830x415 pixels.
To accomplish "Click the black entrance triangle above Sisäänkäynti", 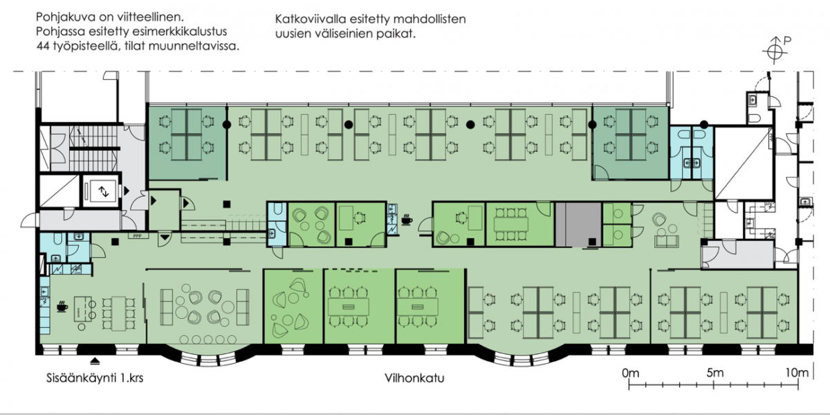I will (95, 360).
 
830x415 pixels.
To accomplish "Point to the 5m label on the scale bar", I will (714, 373).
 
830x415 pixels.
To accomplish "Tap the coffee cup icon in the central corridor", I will (406, 221).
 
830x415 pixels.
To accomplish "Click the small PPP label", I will (136, 237).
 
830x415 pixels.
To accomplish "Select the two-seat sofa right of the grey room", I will (667, 240).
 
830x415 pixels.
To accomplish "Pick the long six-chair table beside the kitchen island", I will (118, 313).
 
